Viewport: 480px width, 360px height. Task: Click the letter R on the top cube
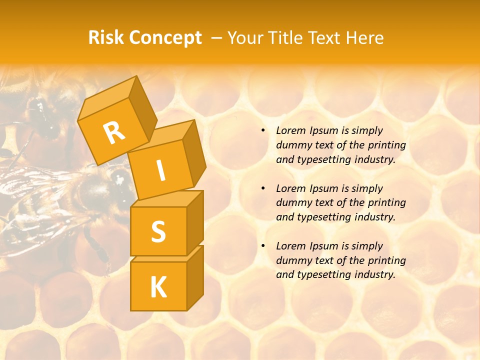pyautogui.click(x=114, y=132)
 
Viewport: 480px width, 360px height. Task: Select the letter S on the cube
pyautogui.click(x=158, y=231)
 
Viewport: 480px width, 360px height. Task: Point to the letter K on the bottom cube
pyautogui.click(x=158, y=287)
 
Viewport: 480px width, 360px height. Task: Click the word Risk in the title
pyautogui.click(x=106, y=38)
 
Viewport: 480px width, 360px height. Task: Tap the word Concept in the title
pyautogui.click(x=165, y=38)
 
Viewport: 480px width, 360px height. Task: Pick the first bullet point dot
pyautogui.click(x=263, y=130)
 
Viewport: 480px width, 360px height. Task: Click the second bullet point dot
pyautogui.click(x=263, y=188)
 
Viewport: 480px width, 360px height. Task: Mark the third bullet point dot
pyautogui.click(x=263, y=246)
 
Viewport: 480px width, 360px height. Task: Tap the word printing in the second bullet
pyautogui.click(x=387, y=203)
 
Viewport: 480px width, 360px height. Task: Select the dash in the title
pyautogui.click(x=217, y=38)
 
